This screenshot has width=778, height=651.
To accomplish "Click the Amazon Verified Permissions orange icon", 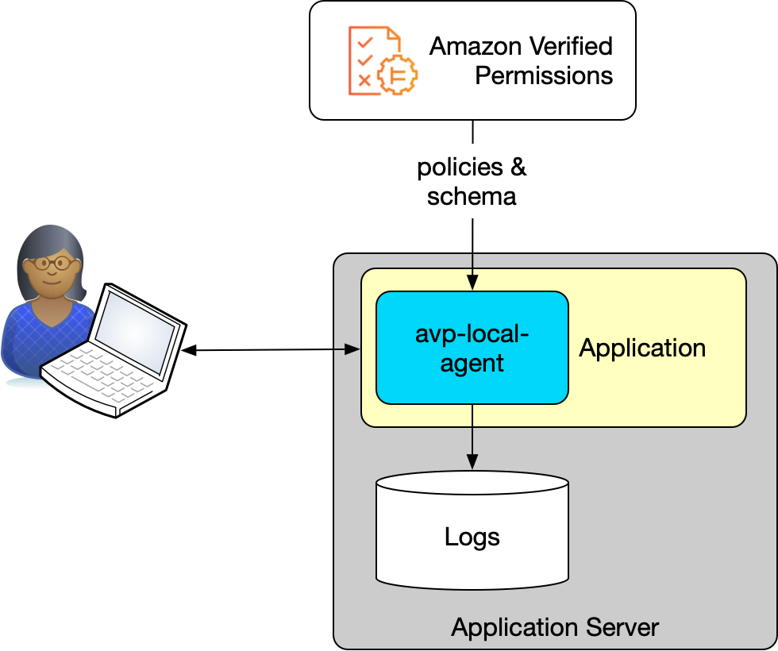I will [382, 60].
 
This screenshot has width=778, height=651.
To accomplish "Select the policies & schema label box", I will [472, 181].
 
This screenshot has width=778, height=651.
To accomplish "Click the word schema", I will [472, 196].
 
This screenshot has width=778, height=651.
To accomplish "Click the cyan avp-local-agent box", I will [472, 348].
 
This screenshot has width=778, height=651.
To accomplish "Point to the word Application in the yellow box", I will [642, 348].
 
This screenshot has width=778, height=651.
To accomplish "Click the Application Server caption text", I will [555, 627].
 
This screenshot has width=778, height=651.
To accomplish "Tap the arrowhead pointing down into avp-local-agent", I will [472, 283].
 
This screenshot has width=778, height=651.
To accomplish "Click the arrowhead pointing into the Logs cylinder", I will [472, 461].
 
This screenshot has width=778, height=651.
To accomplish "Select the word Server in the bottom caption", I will [623, 627].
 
